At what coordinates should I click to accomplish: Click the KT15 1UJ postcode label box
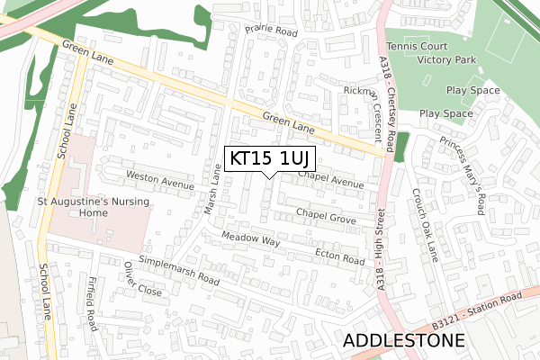269,158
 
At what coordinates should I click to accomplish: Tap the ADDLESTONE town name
404,341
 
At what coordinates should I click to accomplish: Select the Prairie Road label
271,30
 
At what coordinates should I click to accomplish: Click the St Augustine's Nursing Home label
85,208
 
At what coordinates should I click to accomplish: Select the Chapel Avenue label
330,180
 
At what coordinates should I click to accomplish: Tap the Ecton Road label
339,256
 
